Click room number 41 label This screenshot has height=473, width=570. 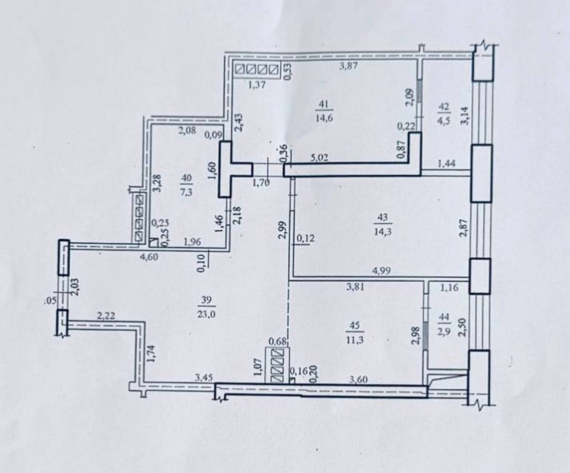point(324,104)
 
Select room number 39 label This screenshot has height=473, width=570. point(206,300)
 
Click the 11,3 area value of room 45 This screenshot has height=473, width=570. point(355,341)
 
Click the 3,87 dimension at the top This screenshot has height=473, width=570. point(348,66)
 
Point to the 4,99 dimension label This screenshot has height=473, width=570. point(381,271)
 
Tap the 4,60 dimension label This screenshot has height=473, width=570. point(149,257)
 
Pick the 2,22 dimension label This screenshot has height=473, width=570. point(106,316)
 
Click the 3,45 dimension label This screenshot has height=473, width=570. point(204,378)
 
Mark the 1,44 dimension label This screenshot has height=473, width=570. point(446,163)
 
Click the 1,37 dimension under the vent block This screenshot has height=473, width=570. point(257,85)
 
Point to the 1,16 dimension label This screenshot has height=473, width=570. point(449,288)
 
